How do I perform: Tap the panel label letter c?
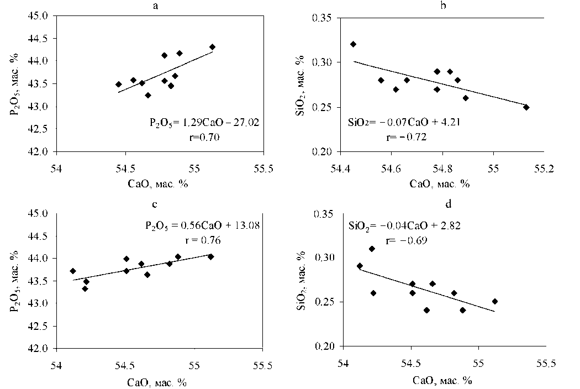[155, 204]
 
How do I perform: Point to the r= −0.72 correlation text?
[405, 136]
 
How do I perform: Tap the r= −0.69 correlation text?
[405, 241]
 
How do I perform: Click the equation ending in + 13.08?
[198, 225]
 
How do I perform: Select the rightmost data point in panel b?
[526, 107]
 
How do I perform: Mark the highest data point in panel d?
[372, 249]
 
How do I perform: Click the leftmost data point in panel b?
[353, 44]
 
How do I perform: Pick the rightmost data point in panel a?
[212, 47]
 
